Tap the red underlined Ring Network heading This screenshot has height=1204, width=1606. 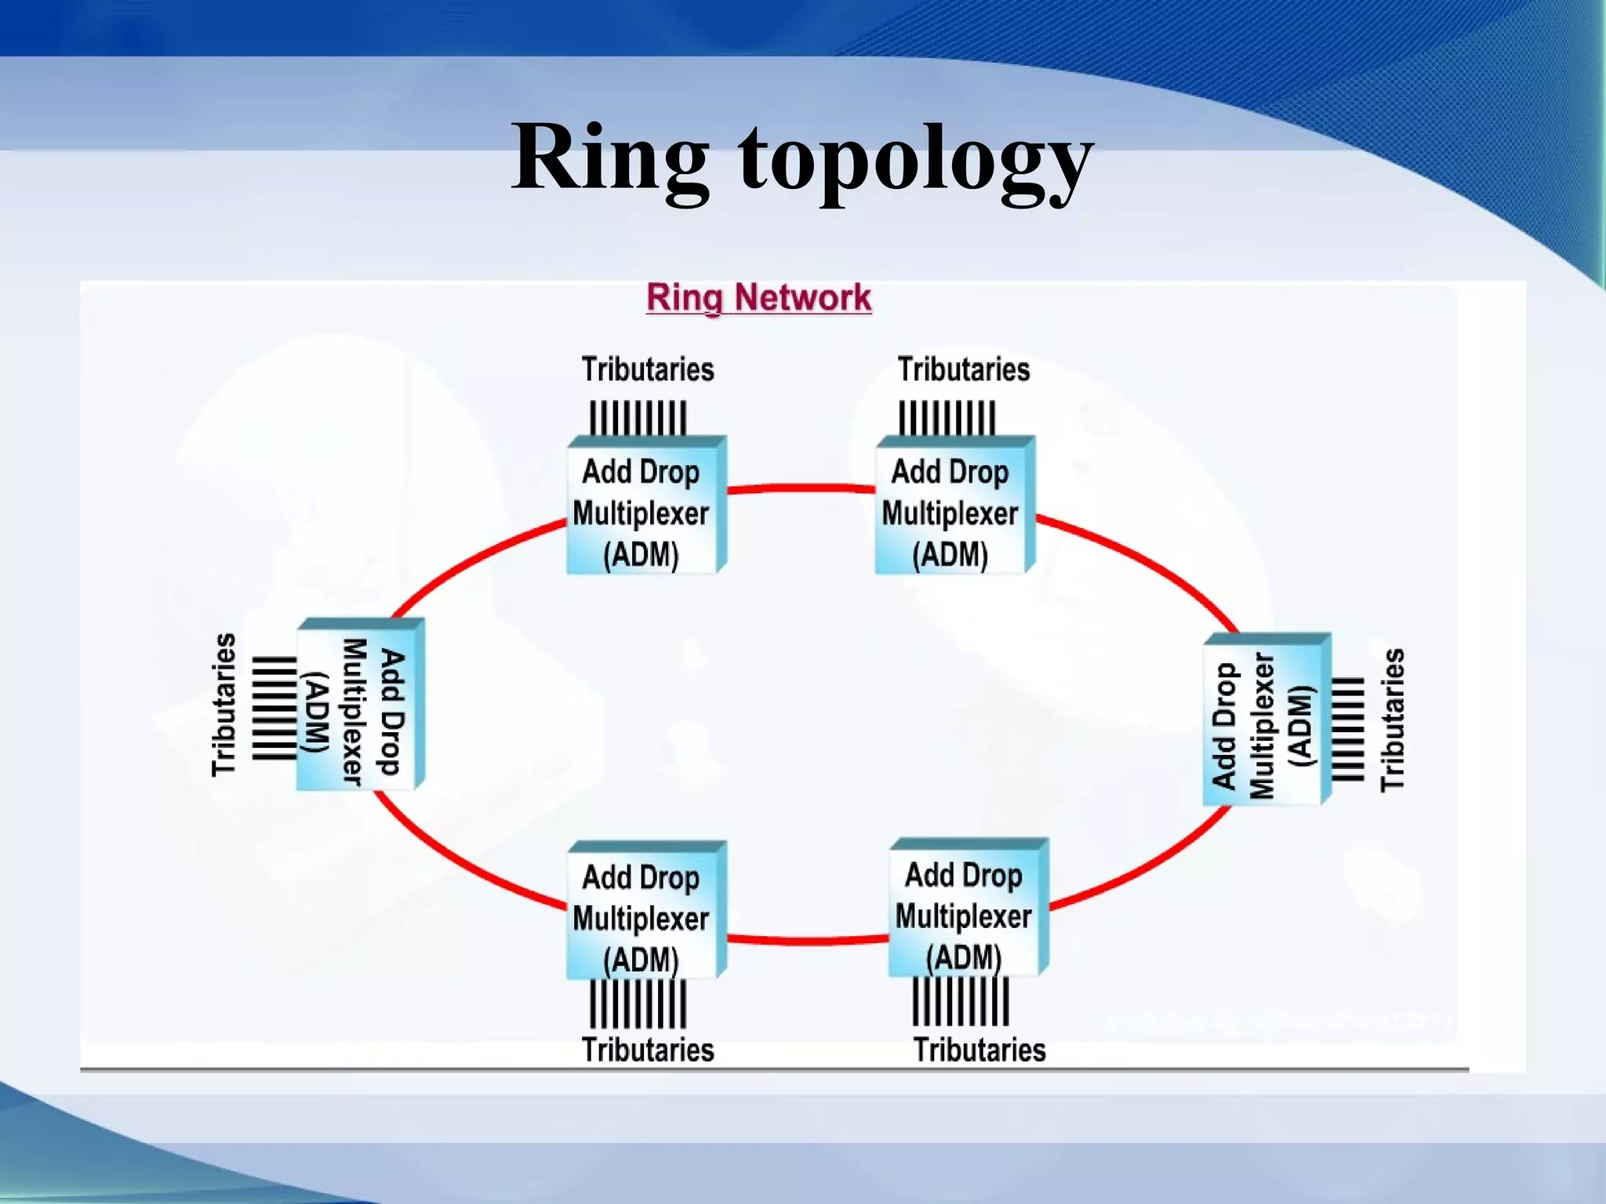[758, 298]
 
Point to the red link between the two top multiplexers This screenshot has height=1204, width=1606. [801, 488]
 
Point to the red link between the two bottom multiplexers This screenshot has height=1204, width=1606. [808, 940]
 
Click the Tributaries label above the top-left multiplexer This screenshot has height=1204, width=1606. [648, 369]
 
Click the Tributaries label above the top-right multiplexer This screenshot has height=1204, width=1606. [964, 369]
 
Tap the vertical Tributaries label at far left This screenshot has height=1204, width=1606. [223, 705]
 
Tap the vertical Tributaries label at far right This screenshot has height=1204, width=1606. [1393, 720]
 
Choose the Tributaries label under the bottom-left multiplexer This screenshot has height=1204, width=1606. [648, 1050]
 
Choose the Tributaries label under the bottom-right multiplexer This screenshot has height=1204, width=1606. [979, 1050]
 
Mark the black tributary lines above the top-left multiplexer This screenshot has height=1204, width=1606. [638, 418]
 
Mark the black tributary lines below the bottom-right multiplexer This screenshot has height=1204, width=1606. [961, 1001]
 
